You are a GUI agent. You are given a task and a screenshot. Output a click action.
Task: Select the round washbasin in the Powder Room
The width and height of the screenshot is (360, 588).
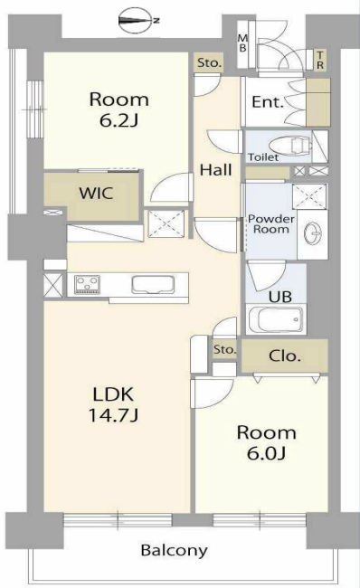pos(312,233)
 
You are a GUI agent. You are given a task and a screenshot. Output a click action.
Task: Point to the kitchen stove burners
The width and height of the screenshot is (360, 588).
pos(87,284)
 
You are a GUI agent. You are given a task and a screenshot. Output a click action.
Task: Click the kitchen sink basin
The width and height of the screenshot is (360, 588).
pos(153,285)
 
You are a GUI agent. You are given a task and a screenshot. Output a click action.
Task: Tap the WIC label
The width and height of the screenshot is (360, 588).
pos(96,193)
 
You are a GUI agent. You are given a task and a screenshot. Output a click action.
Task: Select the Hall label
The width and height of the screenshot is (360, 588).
pos(215,170)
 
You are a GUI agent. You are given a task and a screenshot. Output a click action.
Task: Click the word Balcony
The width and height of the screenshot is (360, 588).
pos(174,551)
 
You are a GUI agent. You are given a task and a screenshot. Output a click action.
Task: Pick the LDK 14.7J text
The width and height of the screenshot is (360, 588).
pos(113,405)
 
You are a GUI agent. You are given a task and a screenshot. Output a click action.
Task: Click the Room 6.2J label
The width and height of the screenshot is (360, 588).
pos(118,109)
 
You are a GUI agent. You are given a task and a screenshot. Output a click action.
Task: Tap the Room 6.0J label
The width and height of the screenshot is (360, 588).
pos(266,443)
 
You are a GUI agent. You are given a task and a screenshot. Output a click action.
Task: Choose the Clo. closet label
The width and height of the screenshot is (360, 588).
pos(285,356)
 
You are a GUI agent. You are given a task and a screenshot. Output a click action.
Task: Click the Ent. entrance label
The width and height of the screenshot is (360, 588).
pos(268,102)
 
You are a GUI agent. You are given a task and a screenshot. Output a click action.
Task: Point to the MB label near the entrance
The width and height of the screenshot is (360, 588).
pos(243,43)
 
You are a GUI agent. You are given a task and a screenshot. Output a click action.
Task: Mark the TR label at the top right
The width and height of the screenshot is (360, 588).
pos(320,60)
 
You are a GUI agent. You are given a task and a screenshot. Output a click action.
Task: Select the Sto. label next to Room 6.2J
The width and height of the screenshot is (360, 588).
pos(210,62)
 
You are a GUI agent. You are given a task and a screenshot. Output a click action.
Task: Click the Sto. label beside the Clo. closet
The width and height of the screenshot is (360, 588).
pos(224,349)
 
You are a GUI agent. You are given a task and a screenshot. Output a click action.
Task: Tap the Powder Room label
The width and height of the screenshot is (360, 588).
pos(271,223)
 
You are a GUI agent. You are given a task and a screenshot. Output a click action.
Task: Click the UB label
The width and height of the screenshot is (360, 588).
pos(279,297)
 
